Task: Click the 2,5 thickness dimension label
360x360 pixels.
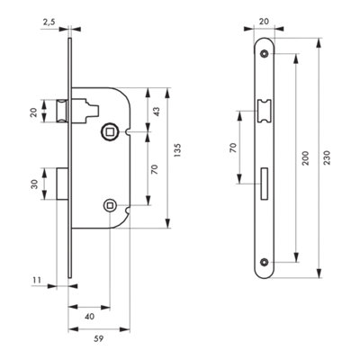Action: (49, 22)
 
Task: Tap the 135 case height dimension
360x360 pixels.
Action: (177, 150)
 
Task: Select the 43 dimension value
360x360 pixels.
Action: (157, 112)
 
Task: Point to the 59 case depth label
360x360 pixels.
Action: (99, 339)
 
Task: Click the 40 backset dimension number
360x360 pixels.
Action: (89, 317)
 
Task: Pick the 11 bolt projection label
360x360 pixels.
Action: (37, 280)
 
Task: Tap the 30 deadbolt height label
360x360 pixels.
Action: (35, 184)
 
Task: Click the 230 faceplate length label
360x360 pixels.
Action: (328, 157)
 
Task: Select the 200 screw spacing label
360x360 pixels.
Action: (305, 157)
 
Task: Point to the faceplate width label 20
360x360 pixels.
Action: (264, 22)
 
